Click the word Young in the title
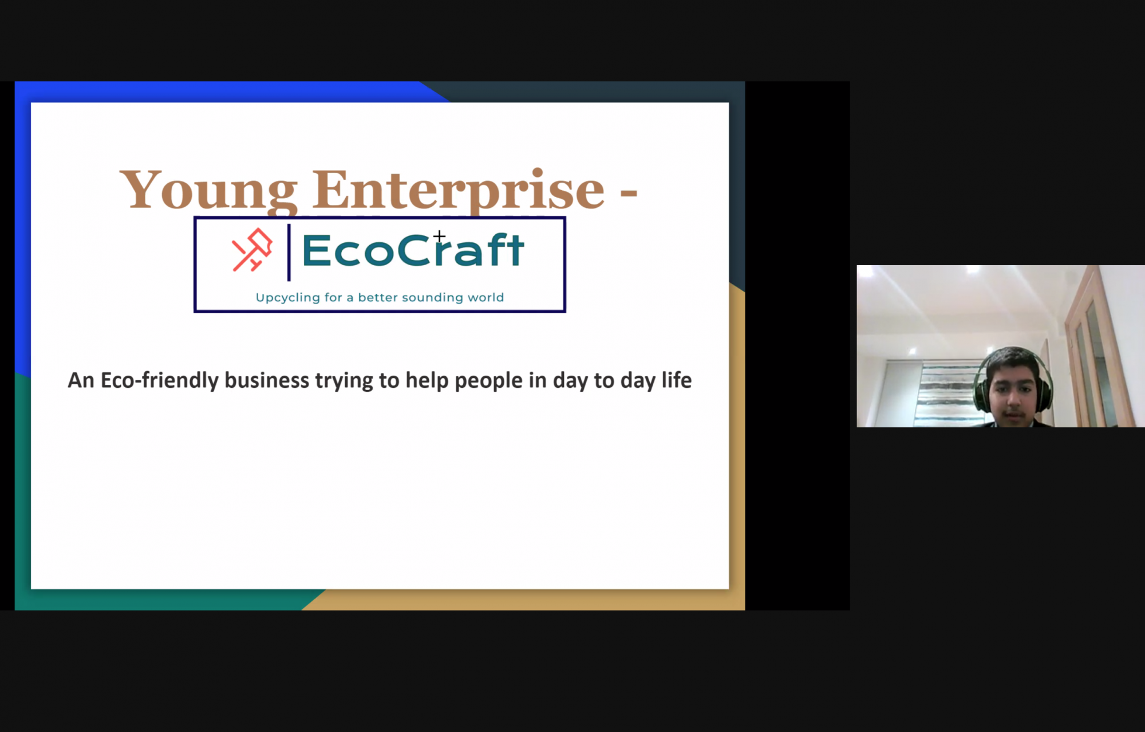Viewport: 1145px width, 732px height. (x=208, y=190)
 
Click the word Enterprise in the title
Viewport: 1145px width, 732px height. (x=459, y=190)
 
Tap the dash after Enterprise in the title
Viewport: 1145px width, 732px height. (x=629, y=195)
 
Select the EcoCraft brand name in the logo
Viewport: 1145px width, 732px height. (x=412, y=250)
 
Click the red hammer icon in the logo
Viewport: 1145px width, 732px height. (x=252, y=250)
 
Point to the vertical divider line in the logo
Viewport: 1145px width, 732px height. (x=289, y=253)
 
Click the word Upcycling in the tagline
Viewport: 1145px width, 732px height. (x=287, y=298)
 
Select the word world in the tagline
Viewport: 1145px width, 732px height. (x=486, y=297)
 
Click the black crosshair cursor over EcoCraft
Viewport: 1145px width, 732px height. (x=439, y=236)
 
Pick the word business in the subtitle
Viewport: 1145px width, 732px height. (x=267, y=380)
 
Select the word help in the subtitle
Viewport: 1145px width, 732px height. (x=427, y=381)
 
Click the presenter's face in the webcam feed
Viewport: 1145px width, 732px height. (x=1013, y=392)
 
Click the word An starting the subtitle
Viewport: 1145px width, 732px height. (x=81, y=381)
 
